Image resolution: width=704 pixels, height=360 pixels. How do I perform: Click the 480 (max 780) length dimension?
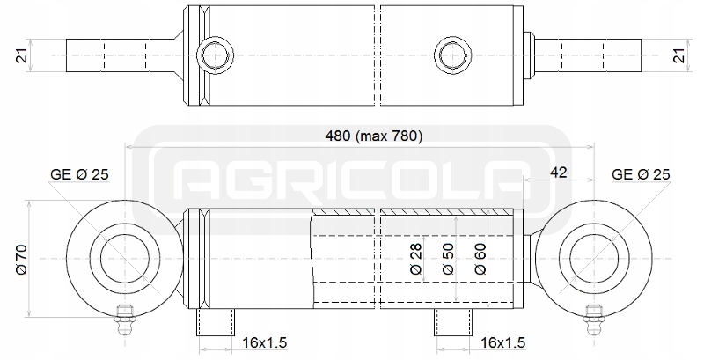(373, 136)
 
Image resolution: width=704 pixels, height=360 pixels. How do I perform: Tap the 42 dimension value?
(558, 172)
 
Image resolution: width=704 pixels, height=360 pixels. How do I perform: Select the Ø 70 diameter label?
(21, 260)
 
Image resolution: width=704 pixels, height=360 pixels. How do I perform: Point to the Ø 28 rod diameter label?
(416, 259)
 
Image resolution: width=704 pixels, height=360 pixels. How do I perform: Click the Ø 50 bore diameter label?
(448, 259)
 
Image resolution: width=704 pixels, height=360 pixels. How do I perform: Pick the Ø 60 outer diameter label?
(480, 259)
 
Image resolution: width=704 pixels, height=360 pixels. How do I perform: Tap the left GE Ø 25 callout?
(79, 174)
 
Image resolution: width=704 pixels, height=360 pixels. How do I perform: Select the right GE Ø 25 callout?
(641, 174)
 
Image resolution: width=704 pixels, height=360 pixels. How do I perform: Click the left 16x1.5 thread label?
(265, 343)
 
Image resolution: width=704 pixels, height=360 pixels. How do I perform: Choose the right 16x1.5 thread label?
(502, 343)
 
